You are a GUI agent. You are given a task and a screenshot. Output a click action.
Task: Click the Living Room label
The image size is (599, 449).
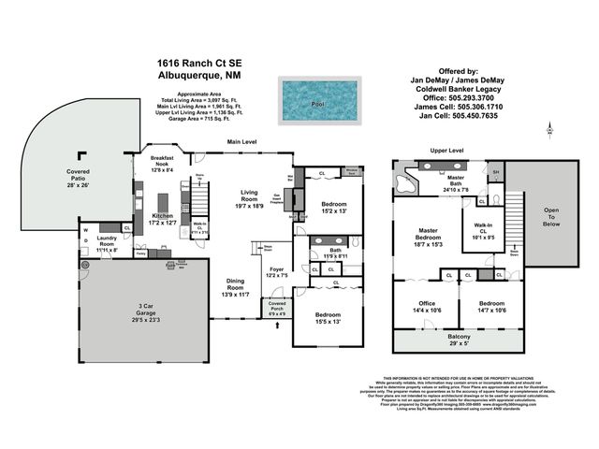(248, 196)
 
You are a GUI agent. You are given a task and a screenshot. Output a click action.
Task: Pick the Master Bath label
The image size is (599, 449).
(456, 182)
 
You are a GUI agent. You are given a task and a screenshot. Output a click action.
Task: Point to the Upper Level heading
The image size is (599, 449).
(446, 150)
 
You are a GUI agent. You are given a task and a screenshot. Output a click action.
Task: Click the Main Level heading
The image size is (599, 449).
(242, 141)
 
